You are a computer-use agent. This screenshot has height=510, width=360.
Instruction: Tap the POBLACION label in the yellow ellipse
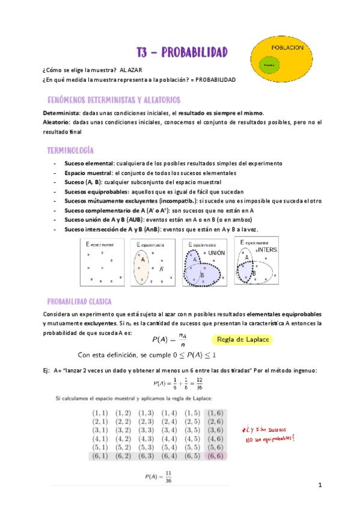(287, 47)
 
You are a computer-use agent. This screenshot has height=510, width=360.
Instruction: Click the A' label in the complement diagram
(162, 269)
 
